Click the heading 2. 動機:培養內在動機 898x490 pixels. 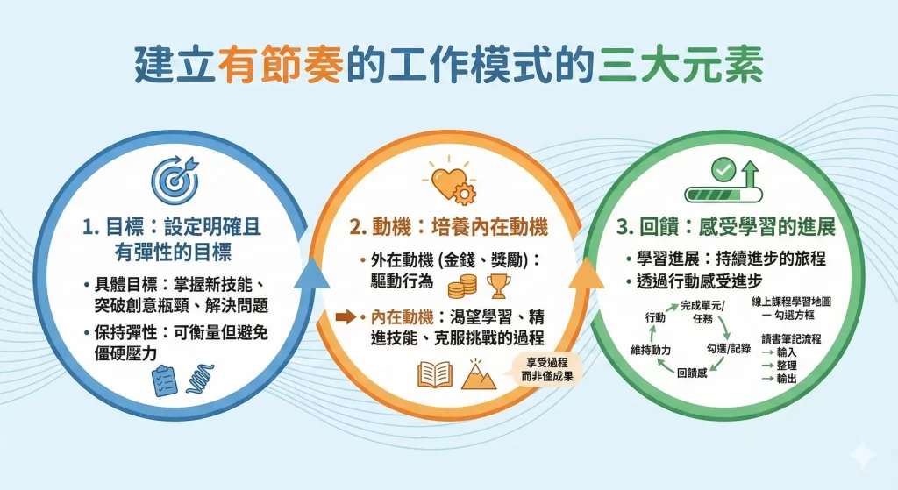click(x=448, y=228)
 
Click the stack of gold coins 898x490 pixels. click(x=462, y=288)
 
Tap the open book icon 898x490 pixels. click(x=435, y=374)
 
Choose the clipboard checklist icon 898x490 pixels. click(x=164, y=380)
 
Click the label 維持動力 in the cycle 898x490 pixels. click(x=651, y=350)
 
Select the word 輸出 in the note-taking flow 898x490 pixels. click(x=786, y=378)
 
